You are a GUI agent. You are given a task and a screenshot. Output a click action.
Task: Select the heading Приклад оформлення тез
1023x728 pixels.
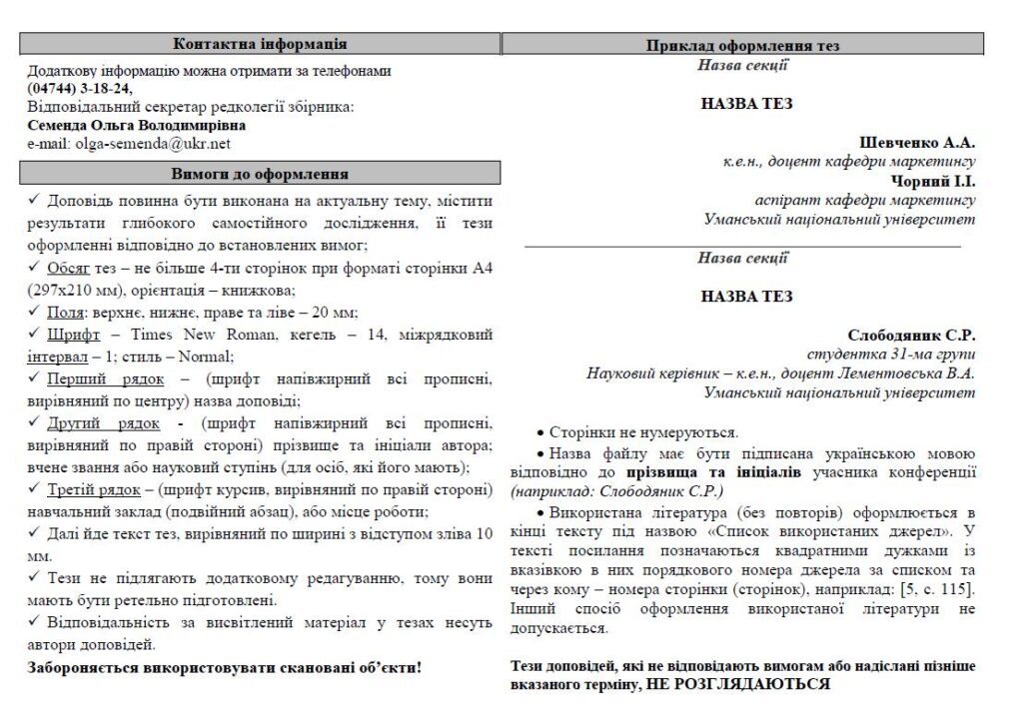tap(742, 46)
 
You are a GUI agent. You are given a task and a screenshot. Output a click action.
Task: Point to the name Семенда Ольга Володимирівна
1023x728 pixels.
tap(136, 126)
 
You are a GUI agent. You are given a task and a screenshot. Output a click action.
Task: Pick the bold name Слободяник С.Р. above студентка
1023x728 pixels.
tap(911, 336)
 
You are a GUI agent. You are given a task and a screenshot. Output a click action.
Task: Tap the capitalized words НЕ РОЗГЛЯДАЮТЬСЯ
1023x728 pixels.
tap(738, 685)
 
